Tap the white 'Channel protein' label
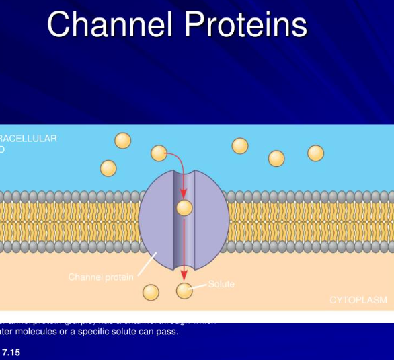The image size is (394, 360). click(100, 277)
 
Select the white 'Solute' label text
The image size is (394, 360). click(221, 284)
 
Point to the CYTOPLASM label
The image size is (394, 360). click(358, 300)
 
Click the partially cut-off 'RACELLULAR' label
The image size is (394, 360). click(29, 139)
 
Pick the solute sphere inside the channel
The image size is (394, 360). click(184, 208)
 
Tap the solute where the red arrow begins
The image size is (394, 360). click(159, 153)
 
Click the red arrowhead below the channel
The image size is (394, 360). click(184, 275)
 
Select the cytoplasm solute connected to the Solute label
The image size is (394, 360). click(184, 291)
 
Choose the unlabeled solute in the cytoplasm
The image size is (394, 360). click(151, 292)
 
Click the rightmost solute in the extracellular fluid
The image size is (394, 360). click(316, 153)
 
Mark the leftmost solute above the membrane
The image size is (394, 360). click(108, 168)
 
